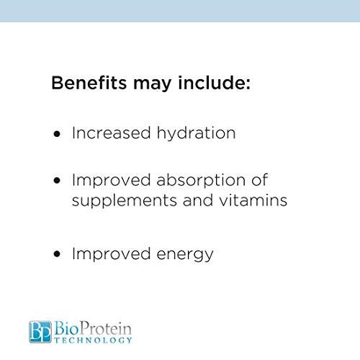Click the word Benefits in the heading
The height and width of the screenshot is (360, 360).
pyautogui.click(x=87, y=84)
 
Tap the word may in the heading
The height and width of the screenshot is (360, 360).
pyautogui.click(x=150, y=86)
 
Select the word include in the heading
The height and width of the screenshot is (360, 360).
pyautogui.click(x=210, y=84)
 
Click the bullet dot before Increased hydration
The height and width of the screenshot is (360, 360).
pyautogui.click(x=58, y=135)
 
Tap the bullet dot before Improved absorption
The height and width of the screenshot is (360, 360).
pyautogui.click(x=58, y=180)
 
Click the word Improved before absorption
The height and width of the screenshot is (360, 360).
pyautogui.click(x=109, y=180)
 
